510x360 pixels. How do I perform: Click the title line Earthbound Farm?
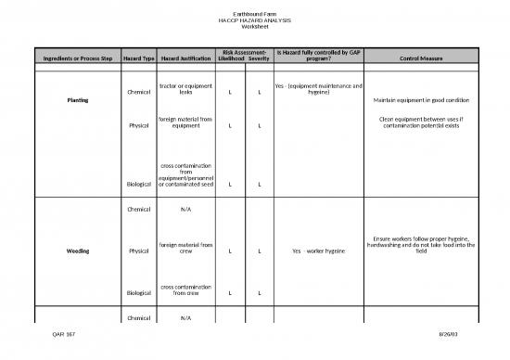click(x=254, y=13)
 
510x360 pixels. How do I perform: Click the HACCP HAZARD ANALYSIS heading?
click(x=254, y=19)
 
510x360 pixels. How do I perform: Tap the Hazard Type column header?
click(x=137, y=59)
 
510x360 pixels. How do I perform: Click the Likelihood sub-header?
click(x=229, y=59)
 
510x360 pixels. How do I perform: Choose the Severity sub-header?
click(x=259, y=59)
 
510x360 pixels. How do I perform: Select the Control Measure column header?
click(x=424, y=59)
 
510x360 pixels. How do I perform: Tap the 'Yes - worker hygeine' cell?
click(x=318, y=251)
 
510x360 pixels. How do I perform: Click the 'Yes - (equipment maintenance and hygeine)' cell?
click(x=318, y=90)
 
